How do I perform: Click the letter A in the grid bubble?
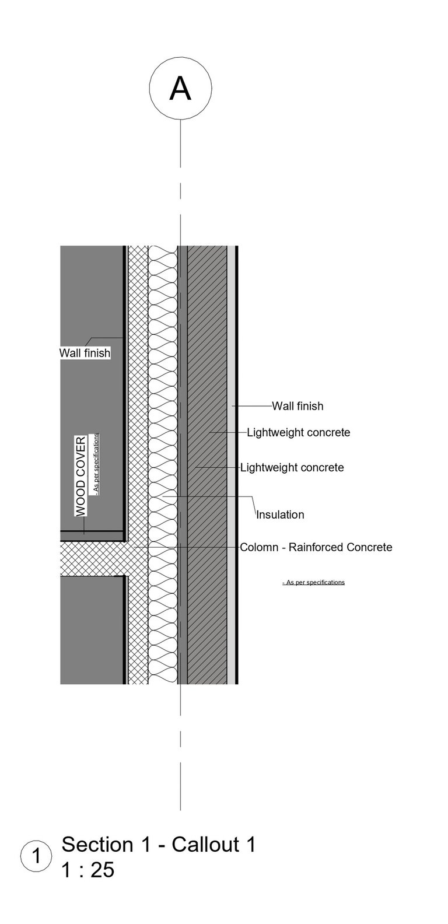tap(180, 89)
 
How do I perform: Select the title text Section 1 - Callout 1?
tap(159, 845)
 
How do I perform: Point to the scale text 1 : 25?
tap(88, 870)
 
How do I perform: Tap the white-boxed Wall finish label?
tap(85, 353)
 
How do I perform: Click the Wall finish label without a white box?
tap(297, 405)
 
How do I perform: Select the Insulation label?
tap(281, 514)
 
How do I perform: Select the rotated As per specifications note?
tap(96, 464)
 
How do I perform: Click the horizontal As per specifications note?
tap(313, 582)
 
